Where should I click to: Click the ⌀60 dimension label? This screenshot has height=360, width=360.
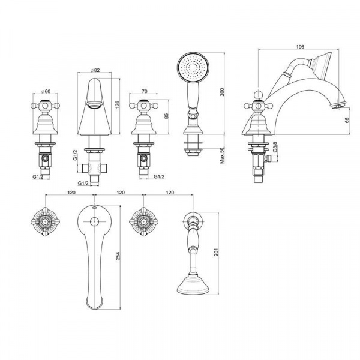coord(46,91)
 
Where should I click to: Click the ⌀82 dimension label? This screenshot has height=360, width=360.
coord(95,70)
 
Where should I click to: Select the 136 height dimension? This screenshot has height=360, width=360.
coord(118,104)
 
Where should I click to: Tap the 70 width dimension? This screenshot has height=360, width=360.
coord(145,91)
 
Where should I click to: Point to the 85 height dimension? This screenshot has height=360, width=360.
coord(167,116)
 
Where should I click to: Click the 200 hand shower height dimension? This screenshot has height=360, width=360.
coord(222,92)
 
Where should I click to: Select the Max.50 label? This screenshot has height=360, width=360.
coord(222,155)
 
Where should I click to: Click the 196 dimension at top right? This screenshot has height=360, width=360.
coord(300,47)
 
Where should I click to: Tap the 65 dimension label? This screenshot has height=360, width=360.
coord(347,120)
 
